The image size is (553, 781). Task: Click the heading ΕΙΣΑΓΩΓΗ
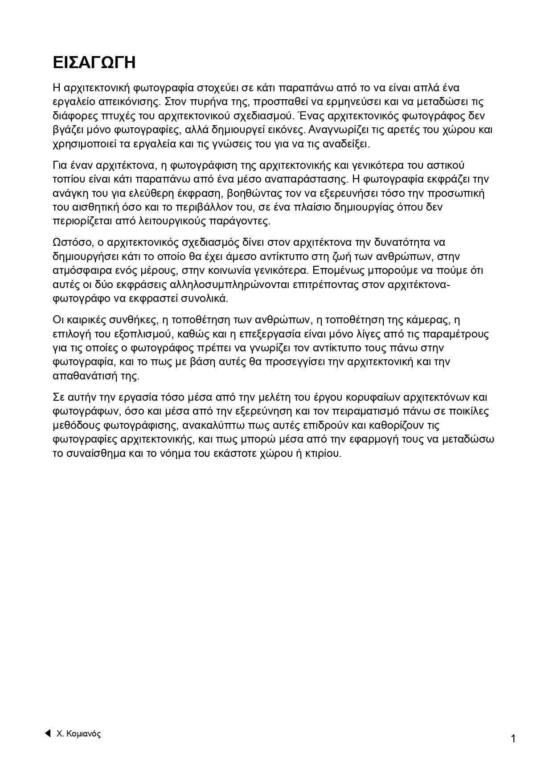(94, 63)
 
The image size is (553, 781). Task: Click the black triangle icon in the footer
(47, 733)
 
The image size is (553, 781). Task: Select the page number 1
(513, 739)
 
